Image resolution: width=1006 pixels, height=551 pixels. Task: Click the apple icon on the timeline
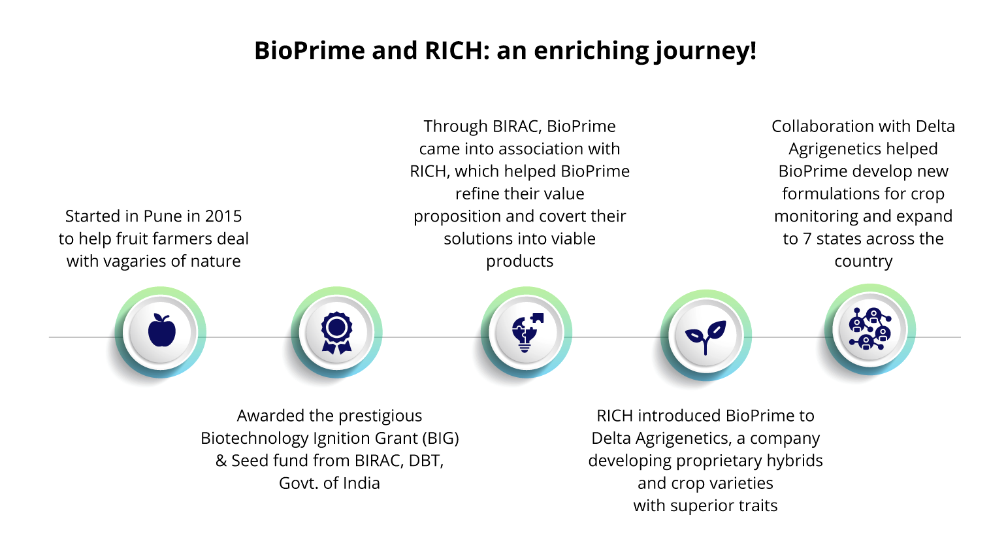click(162, 330)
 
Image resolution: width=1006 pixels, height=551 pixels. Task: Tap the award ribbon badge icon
click(336, 333)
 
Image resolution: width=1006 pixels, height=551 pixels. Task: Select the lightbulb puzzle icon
click(527, 332)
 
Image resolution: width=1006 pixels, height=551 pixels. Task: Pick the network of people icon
click(870, 329)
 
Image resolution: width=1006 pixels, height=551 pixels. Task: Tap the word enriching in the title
click(590, 51)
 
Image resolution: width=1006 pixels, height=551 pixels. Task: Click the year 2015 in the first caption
click(223, 216)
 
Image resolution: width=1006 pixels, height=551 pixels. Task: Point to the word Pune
click(163, 216)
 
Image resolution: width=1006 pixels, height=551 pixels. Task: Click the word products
click(519, 261)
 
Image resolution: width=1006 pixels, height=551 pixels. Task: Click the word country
click(863, 261)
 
